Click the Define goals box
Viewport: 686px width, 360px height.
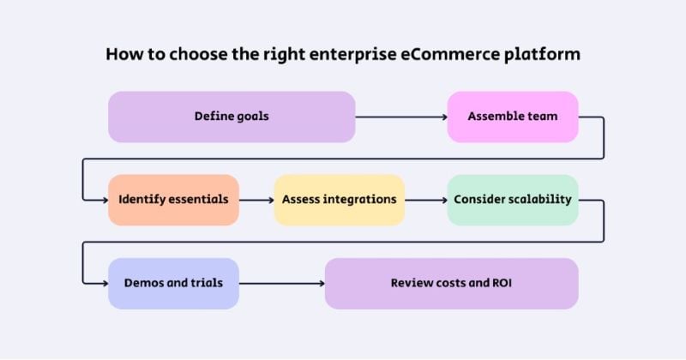pyautogui.click(x=232, y=117)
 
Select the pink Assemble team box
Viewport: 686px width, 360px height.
pyautogui.click(x=512, y=117)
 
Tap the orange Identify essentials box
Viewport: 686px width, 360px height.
pyautogui.click(x=173, y=200)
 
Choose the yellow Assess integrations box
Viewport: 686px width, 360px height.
pyautogui.click(x=339, y=200)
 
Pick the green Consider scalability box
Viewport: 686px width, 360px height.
pyautogui.click(x=512, y=200)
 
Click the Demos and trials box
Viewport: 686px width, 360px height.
pyautogui.click(x=173, y=283)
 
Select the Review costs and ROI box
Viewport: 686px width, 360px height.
pyautogui.click(x=451, y=283)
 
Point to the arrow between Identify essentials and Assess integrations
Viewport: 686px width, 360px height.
pyautogui.click(x=256, y=200)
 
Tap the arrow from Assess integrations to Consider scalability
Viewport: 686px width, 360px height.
pyautogui.click(x=425, y=200)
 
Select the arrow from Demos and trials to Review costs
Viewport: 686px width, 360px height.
pyautogui.click(x=281, y=283)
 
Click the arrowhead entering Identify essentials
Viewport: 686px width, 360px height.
pyautogui.click(x=103, y=200)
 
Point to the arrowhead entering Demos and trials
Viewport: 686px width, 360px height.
pyautogui.click(x=103, y=283)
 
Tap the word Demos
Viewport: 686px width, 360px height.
pyautogui.click(x=144, y=283)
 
